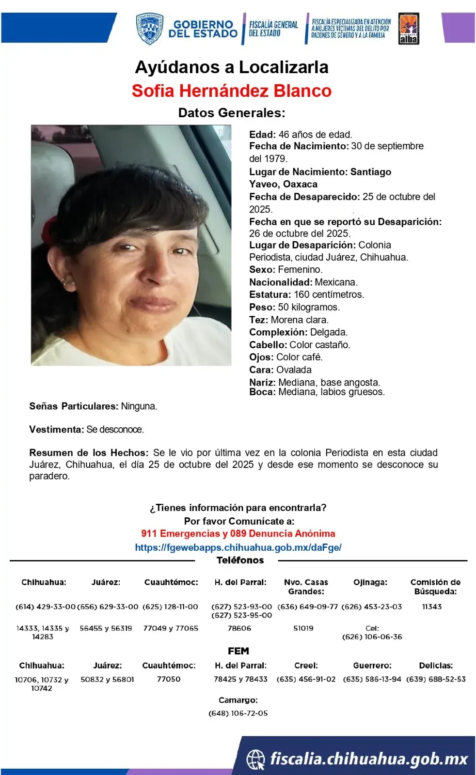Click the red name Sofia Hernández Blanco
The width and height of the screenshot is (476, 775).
click(x=232, y=91)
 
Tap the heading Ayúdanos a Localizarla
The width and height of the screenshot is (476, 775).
click(x=232, y=67)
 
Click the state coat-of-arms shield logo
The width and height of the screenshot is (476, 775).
click(x=148, y=29)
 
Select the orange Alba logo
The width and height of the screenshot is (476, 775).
click(x=409, y=29)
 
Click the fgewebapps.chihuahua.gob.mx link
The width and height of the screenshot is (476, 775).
click(x=238, y=547)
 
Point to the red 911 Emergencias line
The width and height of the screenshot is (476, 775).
click(x=238, y=534)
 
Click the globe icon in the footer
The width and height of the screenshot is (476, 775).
click(x=255, y=759)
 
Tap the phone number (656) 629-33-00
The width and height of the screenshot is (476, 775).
click(x=108, y=607)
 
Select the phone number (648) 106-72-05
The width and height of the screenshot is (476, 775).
click(x=238, y=713)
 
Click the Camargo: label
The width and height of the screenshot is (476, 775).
click(x=238, y=700)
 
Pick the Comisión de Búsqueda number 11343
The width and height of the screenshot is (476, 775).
click(x=432, y=607)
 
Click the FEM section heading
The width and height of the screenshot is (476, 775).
click(x=238, y=651)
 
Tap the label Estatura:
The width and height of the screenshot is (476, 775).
click(x=270, y=294)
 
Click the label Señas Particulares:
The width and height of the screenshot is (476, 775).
click(x=73, y=406)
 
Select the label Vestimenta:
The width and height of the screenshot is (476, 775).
click(x=56, y=430)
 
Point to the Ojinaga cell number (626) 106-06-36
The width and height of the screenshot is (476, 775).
click(x=372, y=637)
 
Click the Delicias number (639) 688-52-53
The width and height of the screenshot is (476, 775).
click(x=436, y=680)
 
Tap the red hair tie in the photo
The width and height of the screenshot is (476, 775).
click(x=49, y=224)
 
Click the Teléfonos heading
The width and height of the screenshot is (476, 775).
click(x=240, y=560)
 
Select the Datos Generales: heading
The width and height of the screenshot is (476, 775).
click(x=232, y=113)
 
